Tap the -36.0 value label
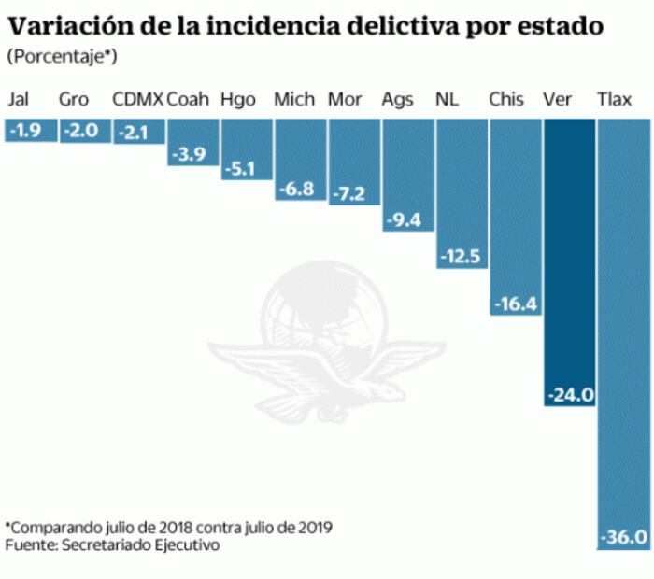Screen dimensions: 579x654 click(622, 537)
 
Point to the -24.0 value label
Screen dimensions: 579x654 click(569, 395)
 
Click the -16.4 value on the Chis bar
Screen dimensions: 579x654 click(515, 304)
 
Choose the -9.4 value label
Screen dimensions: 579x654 click(406, 219)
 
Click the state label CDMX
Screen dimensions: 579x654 click(137, 100)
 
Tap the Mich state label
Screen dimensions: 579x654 click(294, 100)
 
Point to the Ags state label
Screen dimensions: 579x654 click(398, 100)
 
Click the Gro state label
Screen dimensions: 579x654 click(74, 100)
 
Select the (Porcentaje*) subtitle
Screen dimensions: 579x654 click(62, 58)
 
